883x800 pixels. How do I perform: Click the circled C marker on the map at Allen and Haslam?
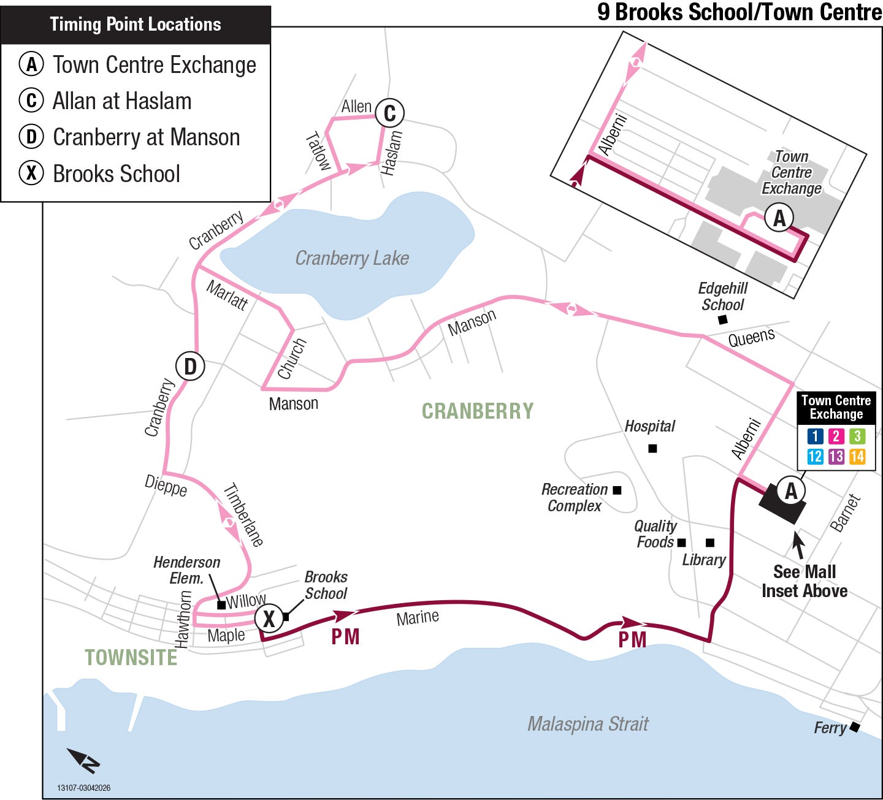[x=389, y=113]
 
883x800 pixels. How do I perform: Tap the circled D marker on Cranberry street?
[x=190, y=367]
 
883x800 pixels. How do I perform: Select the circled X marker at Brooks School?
[x=269, y=619]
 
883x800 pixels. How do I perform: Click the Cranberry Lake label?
[x=352, y=258]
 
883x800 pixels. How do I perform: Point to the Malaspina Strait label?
[x=587, y=724]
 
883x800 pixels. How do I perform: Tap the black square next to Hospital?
[x=652, y=449]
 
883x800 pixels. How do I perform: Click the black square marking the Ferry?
[x=854, y=727]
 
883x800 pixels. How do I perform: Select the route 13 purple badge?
[x=836, y=456]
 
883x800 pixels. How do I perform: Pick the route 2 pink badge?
[x=836, y=436]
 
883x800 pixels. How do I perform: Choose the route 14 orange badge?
[x=857, y=456]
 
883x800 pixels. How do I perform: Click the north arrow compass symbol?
[x=85, y=761]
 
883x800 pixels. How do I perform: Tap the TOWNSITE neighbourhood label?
[x=131, y=658]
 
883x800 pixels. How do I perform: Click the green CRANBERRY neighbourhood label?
[x=478, y=411]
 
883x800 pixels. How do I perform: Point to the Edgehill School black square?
[x=723, y=319]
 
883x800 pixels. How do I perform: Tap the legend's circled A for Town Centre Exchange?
[x=31, y=64]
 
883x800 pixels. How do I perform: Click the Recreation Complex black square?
[x=617, y=490]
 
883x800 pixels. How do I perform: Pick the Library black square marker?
[x=709, y=543]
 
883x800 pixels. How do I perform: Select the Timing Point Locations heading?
[x=136, y=25]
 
